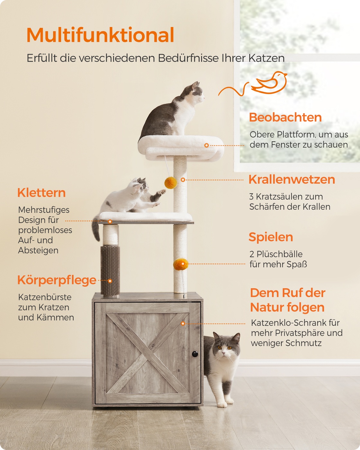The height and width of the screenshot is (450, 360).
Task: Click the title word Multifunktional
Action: pyautogui.click(x=100, y=35)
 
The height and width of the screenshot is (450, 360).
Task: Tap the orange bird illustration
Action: pyautogui.click(x=269, y=83)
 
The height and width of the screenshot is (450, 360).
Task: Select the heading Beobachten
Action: pyautogui.click(x=285, y=117)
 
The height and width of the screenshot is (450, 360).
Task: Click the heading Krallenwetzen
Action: pyautogui.click(x=292, y=179)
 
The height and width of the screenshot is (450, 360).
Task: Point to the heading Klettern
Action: pyautogui.click(x=41, y=193)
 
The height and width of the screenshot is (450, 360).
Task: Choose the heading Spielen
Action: pyautogui.click(x=271, y=237)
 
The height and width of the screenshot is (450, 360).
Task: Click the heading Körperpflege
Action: pyautogui.click(x=57, y=280)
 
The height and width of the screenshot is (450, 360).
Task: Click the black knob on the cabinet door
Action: pyautogui.click(x=195, y=354)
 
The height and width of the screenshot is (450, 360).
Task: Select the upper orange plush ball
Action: pyautogui.click(x=171, y=183)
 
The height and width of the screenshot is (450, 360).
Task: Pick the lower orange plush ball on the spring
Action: pyautogui.click(x=181, y=264)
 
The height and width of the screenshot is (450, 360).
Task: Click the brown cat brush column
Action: pyautogui.click(x=110, y=270)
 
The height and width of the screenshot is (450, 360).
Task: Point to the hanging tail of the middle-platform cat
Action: pyautogui.click(x=96, y=229)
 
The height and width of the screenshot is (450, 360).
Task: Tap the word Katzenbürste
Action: pyautogui.click(x=45, y=297)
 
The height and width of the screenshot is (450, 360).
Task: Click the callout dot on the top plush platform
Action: pyautogui.click(x=206, y=145)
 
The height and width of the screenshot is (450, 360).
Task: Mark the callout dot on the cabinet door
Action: pyautogui.click(x=183, y=323)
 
